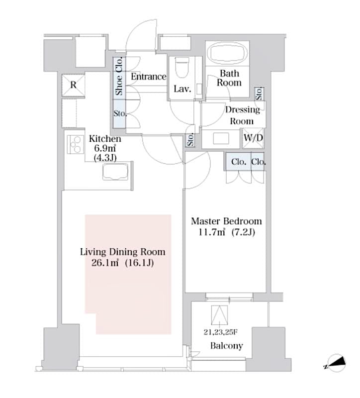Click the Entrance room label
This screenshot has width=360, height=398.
(148, 77)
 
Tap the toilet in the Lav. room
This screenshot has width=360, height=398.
(181, 68)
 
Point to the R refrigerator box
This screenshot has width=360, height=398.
(73, 85)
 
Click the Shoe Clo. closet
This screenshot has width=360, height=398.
(119, 77)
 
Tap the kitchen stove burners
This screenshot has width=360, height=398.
(75, 144)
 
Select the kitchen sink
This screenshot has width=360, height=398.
(116, 173)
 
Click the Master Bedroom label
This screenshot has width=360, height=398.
(227, 221)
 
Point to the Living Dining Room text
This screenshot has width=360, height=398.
(123, 252)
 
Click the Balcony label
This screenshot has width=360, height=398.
(226, 346)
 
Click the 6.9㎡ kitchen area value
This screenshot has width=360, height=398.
(104, 149)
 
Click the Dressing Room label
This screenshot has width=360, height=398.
(243, 115)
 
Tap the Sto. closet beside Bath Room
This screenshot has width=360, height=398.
(260, 93)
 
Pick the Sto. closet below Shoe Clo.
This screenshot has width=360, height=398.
(119, 114)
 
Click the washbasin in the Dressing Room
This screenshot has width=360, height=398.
(221, 139)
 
